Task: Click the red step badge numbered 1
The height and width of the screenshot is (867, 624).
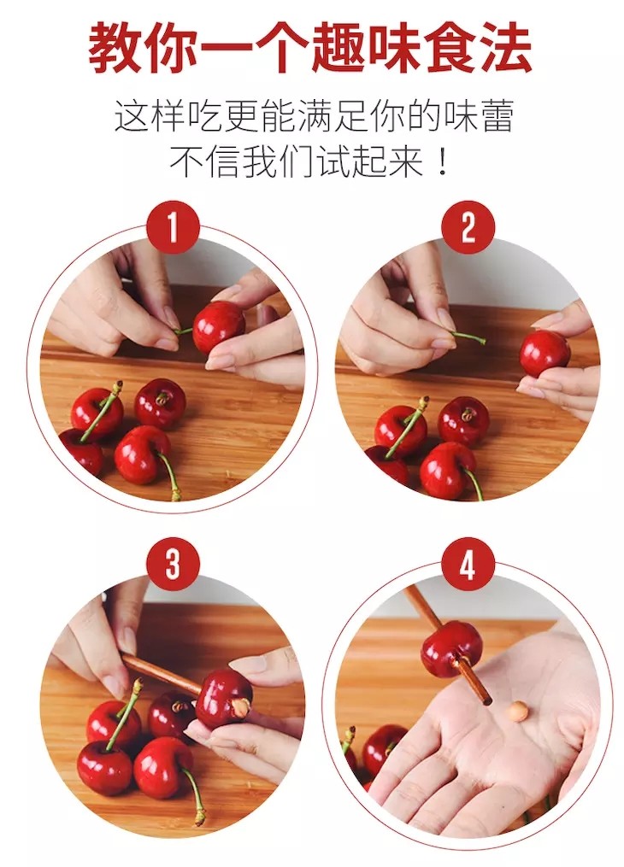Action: coord(173,227)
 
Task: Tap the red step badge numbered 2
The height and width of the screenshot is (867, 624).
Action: coord(468,227)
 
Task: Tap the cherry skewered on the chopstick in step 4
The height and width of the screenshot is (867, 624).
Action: coord(451,648)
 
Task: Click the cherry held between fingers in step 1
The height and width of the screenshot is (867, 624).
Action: coord(219,327)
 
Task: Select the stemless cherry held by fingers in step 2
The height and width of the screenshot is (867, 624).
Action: coord(545,353)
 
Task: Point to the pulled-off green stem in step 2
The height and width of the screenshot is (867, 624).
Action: coord(468,337)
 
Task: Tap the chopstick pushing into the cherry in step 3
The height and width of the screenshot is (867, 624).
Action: coord(162,674)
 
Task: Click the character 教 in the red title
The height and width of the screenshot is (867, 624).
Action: coord(115,48)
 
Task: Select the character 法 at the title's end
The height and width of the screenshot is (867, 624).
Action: coord(506,48)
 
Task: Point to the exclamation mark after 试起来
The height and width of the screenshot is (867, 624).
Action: coord(442,161)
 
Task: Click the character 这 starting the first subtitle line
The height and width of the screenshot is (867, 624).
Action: coord(132,115)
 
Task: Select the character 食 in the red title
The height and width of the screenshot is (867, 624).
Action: coord(450,48)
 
